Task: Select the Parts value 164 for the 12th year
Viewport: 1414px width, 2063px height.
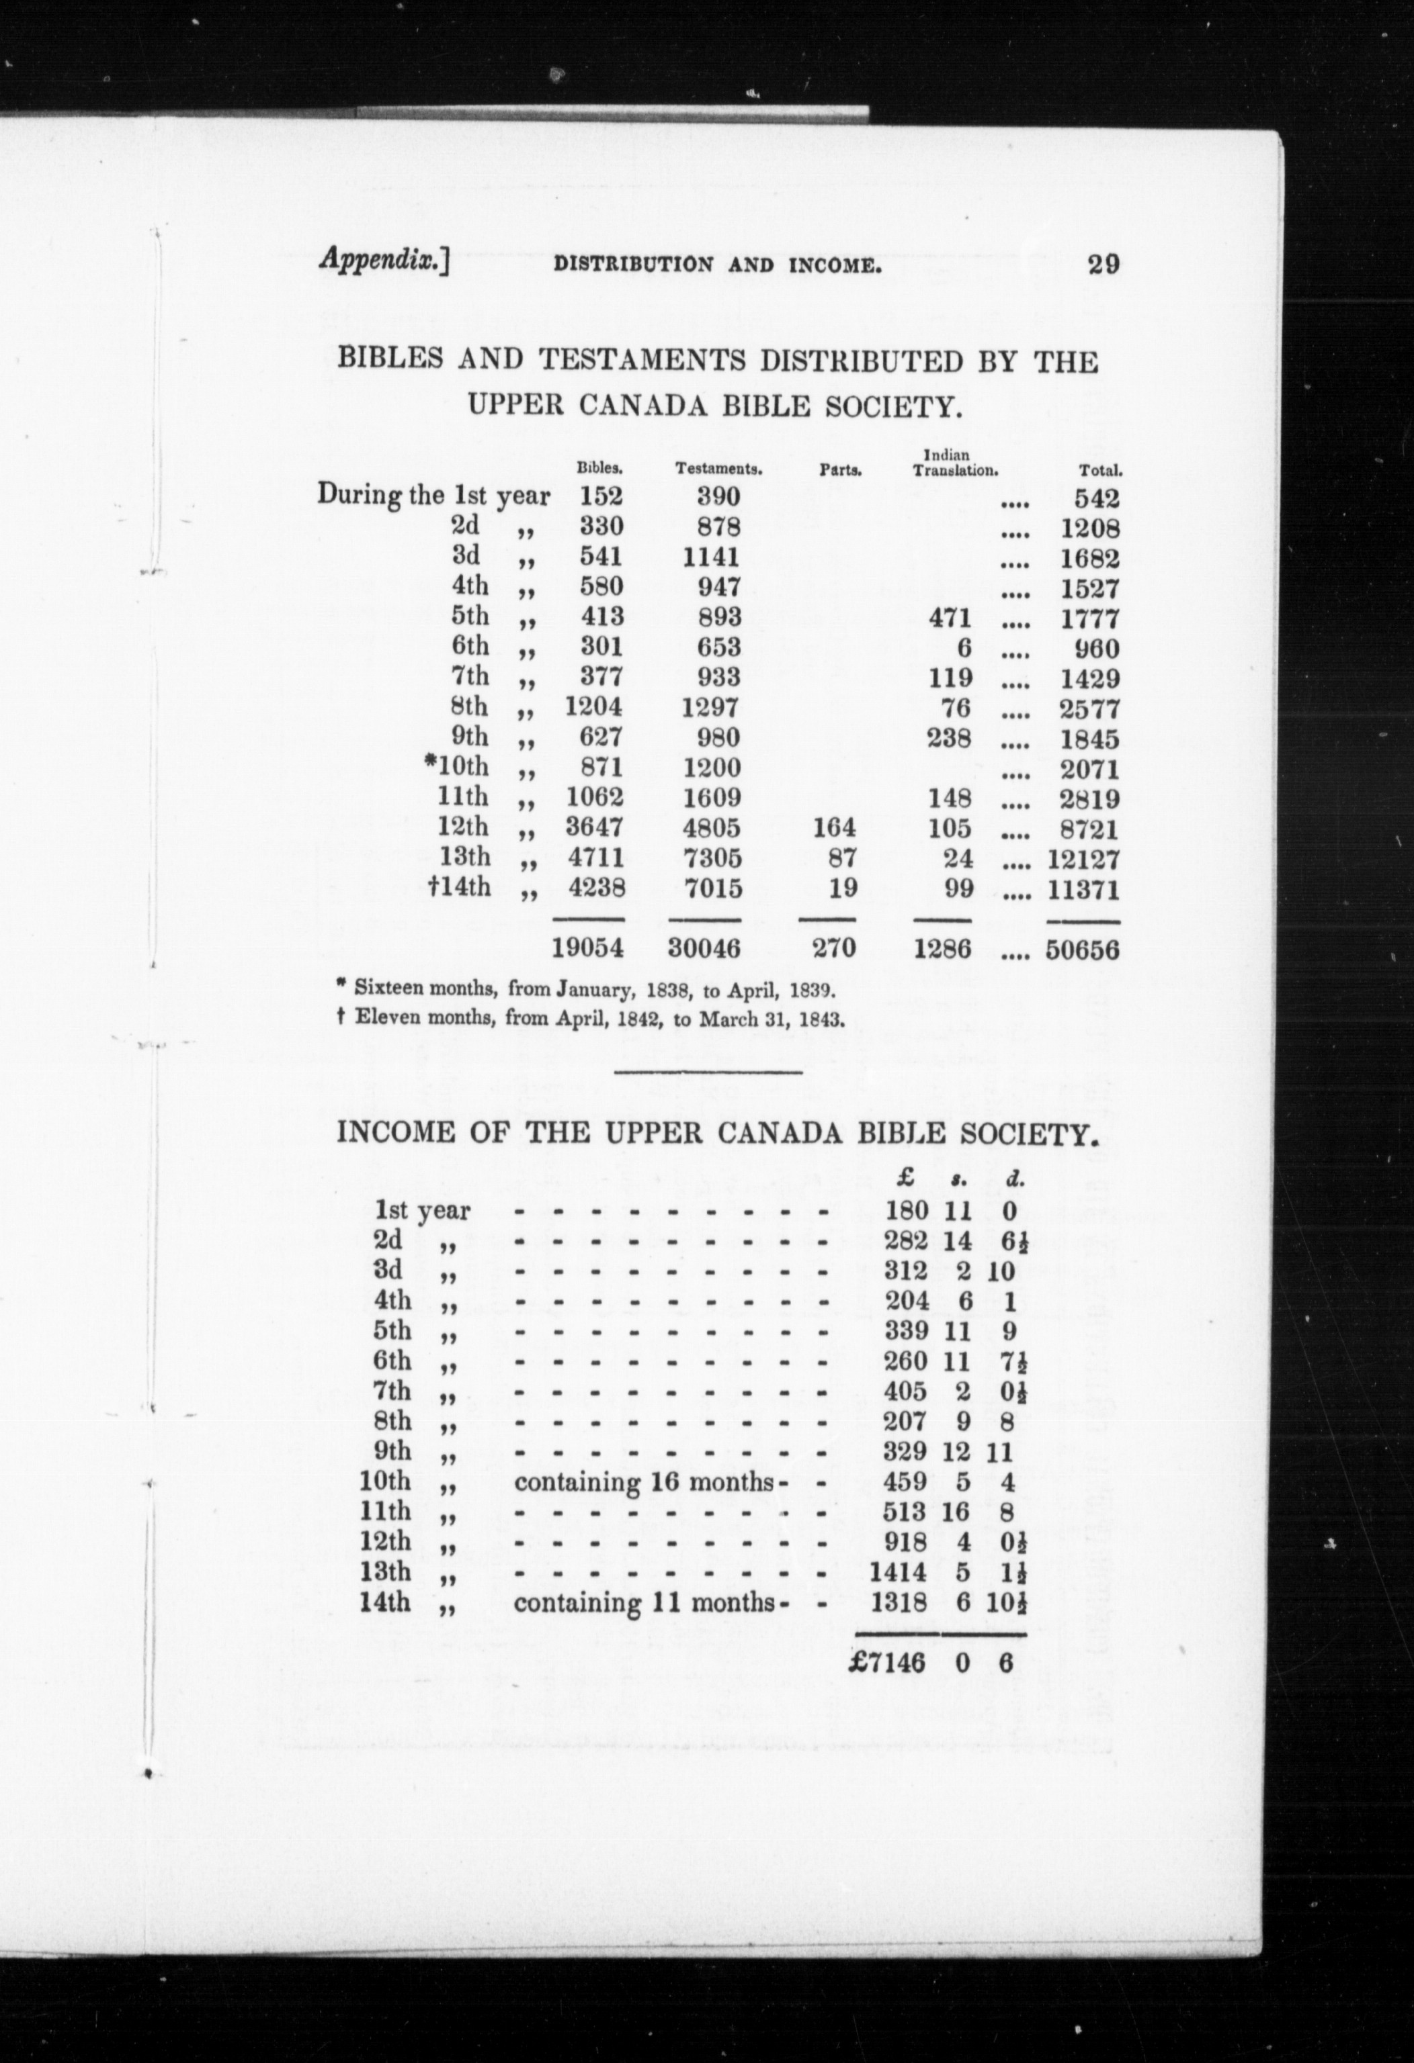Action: (834, 828)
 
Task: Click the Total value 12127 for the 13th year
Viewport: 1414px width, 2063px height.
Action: (1083, 860)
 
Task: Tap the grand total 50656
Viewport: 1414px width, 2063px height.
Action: (1083, 950)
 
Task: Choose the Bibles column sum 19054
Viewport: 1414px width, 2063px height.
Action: (587, 949)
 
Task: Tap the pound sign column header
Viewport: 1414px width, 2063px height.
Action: (906, 1180)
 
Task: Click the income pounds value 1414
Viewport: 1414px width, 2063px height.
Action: (897, 1572)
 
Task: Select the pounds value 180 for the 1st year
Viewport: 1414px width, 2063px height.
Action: (906, 1211)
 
